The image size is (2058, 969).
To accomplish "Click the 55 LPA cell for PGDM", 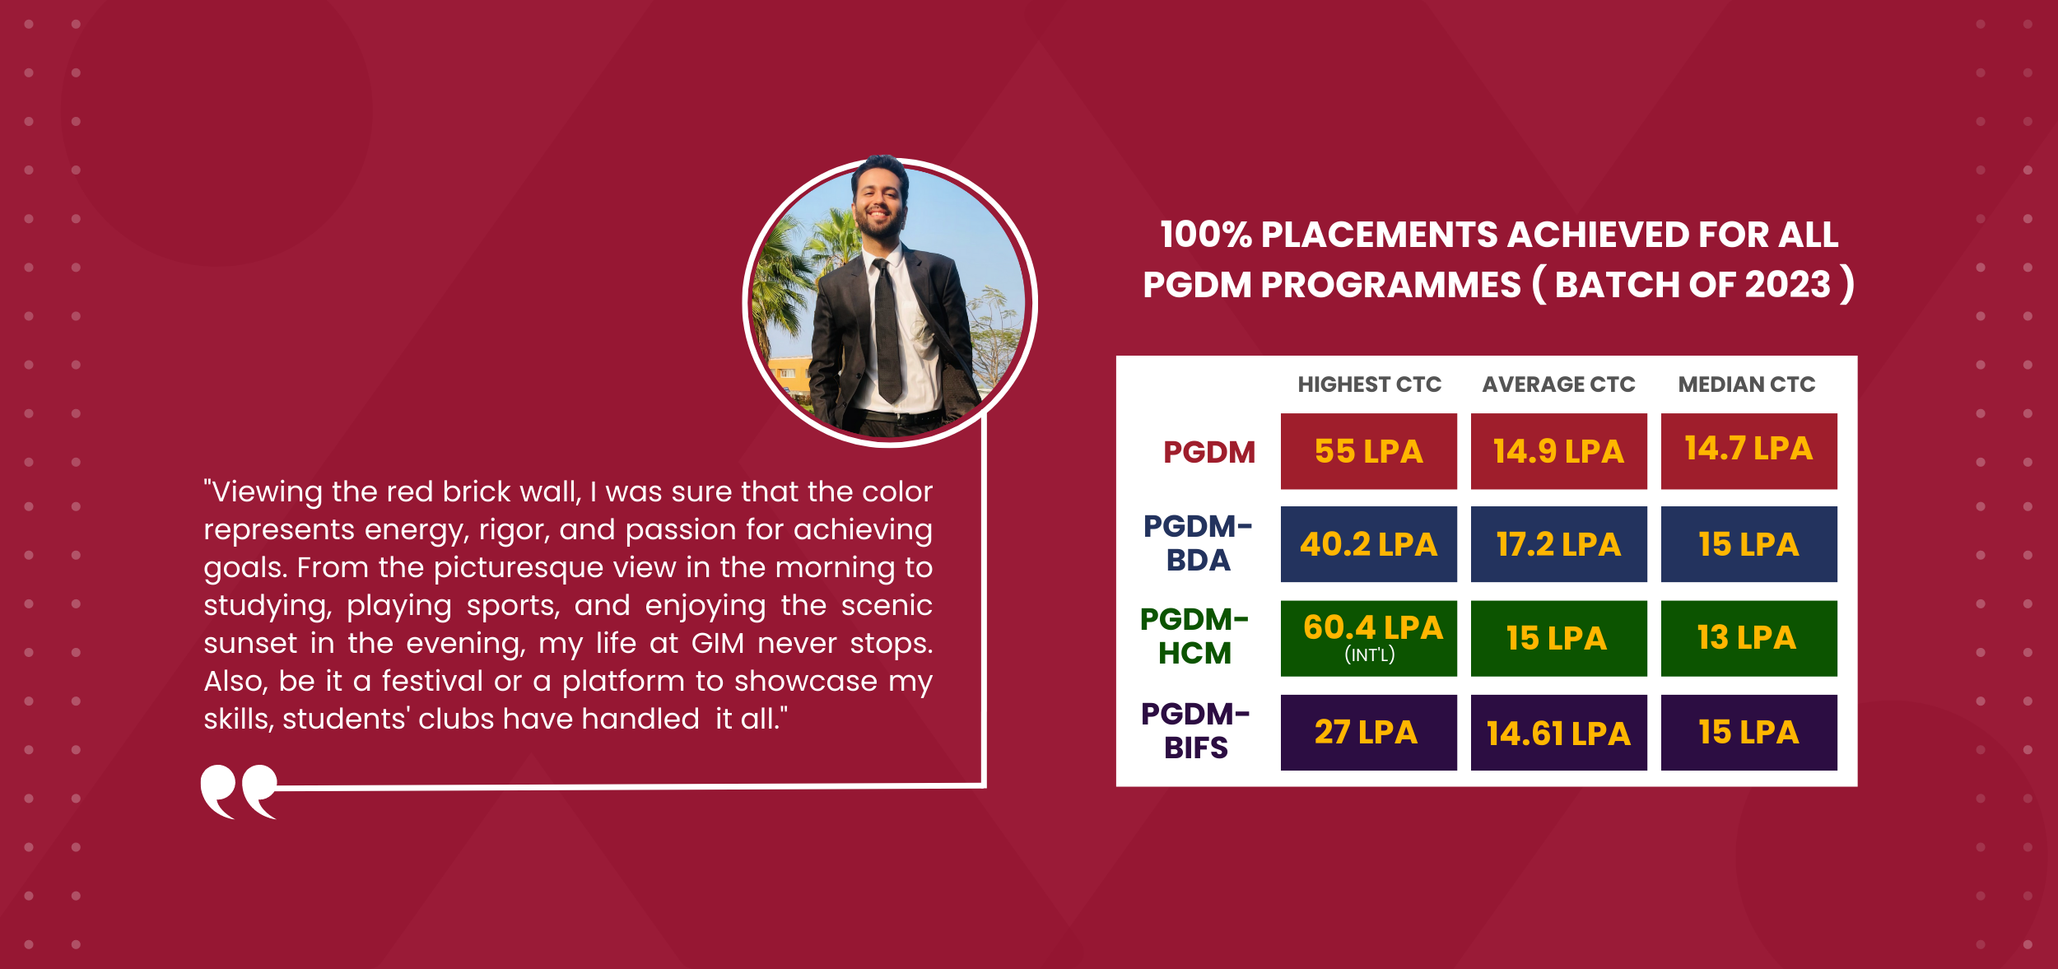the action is (x=1368, y=451).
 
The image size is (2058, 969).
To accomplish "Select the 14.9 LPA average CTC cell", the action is (x=1558, y=451).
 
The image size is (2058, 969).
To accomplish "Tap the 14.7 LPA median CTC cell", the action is (x=1748, y=451).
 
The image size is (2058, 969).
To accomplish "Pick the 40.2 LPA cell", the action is (x=1368, y=544).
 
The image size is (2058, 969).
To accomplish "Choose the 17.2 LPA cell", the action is (x=1558, y=544).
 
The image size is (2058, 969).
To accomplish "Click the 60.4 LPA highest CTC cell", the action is (x=1368, y=638).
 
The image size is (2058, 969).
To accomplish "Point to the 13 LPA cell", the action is (x=1748, y=638).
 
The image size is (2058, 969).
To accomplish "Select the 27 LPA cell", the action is (x=1368, y=732).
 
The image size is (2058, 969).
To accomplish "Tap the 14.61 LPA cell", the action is (x=1558, y=732).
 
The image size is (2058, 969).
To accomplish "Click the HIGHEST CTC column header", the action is (x=1369, y=384).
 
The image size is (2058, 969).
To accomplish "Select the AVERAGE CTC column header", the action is (x=1558, y=384).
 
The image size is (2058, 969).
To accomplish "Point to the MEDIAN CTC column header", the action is (x=1747, y=384).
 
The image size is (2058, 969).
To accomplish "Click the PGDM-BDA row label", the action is (x=1198, y=543).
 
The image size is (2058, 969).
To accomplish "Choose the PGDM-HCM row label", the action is (x=1194, y=636).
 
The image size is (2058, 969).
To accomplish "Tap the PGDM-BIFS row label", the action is (x=1195, y=730).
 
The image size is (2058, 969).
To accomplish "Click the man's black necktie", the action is (x=887, y=329).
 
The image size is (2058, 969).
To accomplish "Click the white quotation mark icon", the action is (x=239, y=792).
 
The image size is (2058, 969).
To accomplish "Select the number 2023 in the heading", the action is (x=1787, y=285).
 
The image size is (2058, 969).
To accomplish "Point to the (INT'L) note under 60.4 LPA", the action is (x=1370, y=655).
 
